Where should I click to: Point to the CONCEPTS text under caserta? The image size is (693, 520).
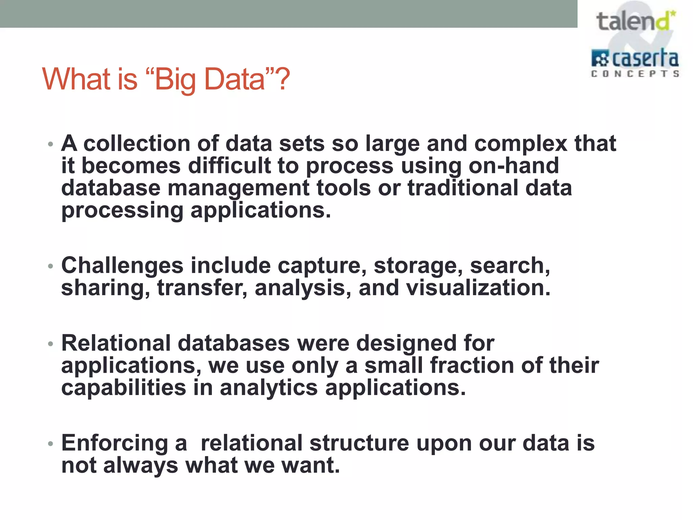pyautogui.click(x=635, y=74)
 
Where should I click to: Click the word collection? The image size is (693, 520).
pyautogui.click(x=137, y=143)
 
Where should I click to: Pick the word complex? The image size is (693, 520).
pyautogui.click(x=520, y=144)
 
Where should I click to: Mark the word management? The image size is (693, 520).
pyautogui.click(x=238, y=188)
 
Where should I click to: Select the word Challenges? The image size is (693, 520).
pyautogui.click(x=122, y=265)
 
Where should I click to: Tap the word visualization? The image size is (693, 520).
pyautogui.click(x=478, y=288)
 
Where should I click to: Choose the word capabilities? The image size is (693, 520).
pyautogui.click(x=124, y=388)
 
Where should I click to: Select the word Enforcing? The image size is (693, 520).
pyautogui.click(x=114, y=443)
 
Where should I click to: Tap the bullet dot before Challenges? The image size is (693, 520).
pyautogui.click(x=50, y=266)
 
